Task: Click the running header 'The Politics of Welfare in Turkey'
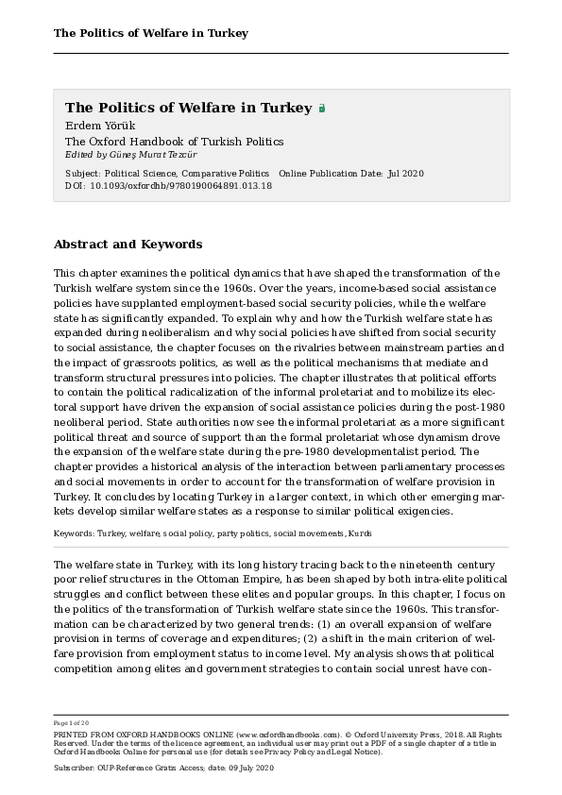[x=151, y=33]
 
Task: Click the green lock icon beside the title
[x=322, y=109]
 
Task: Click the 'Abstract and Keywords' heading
[x=128, y=244]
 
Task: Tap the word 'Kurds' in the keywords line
[x=359, y=533]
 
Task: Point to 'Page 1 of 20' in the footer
[x=73, y=721]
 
